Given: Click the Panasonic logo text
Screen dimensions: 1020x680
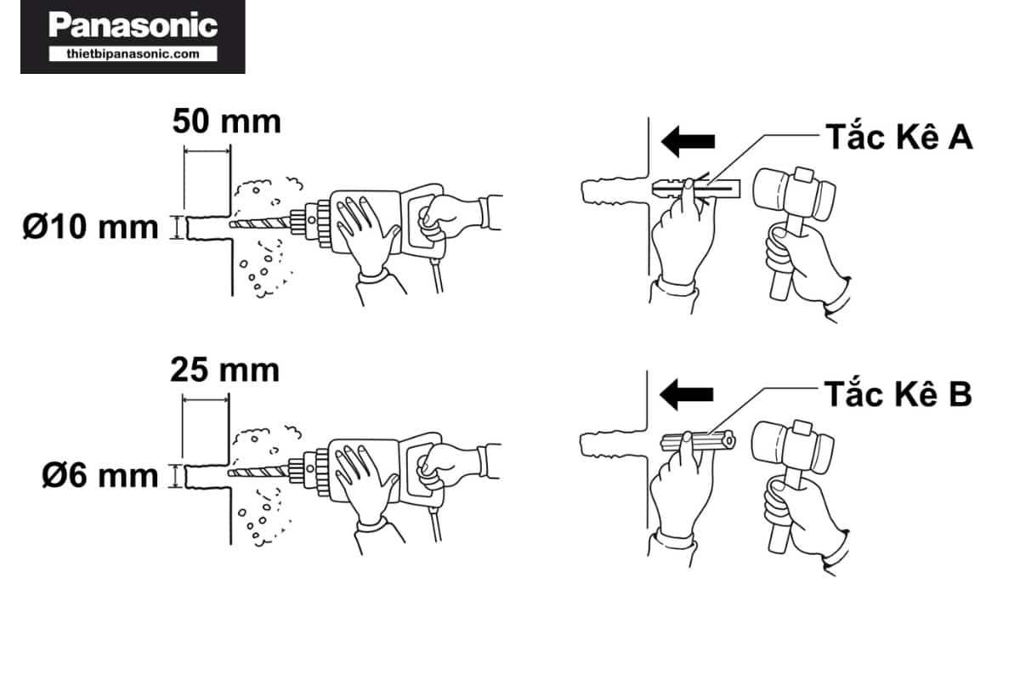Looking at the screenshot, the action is point(133,25).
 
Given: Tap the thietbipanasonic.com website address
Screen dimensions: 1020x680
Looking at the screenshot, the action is point(133,54).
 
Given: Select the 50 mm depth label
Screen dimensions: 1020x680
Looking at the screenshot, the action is point(227,122).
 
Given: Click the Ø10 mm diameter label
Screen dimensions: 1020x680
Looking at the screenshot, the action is point(91,227).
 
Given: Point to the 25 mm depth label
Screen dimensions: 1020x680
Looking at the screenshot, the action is point(225,370).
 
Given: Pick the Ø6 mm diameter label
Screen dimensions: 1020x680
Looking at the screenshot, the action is point(100,476).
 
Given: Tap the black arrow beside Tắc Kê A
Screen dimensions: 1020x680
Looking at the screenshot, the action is point(688,141).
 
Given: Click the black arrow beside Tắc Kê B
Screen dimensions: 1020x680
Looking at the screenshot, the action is point(686,394).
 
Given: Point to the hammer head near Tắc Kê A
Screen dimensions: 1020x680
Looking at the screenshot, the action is point(794,193).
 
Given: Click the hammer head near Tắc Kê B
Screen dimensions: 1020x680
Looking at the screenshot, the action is point(793,446).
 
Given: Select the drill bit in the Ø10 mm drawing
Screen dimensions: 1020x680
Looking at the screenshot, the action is point(260,224).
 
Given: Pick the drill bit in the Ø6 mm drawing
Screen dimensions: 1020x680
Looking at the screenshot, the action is point(258,473).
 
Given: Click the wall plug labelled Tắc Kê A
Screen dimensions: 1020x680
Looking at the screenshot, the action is point(696,189).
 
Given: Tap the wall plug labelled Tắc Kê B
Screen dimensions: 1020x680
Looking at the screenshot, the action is point(698,442).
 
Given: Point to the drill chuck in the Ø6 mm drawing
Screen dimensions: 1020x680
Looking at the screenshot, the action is point(310,473).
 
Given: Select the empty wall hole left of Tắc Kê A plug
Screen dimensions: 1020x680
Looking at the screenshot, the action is point(615,190).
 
